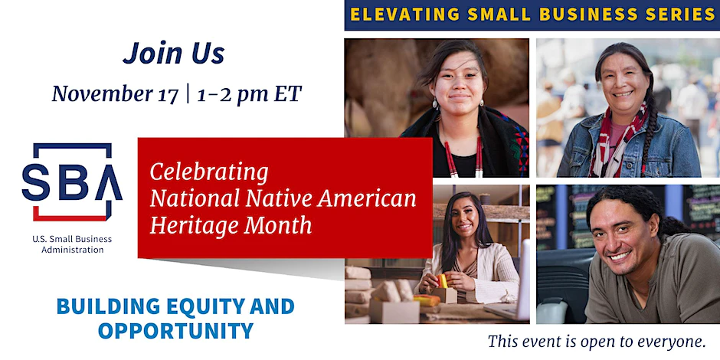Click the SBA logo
72,182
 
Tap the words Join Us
174,53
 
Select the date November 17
115,94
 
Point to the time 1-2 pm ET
250,94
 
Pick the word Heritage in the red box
193,225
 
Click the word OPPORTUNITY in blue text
176,331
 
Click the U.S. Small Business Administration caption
72,244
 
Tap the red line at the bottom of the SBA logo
70,218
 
